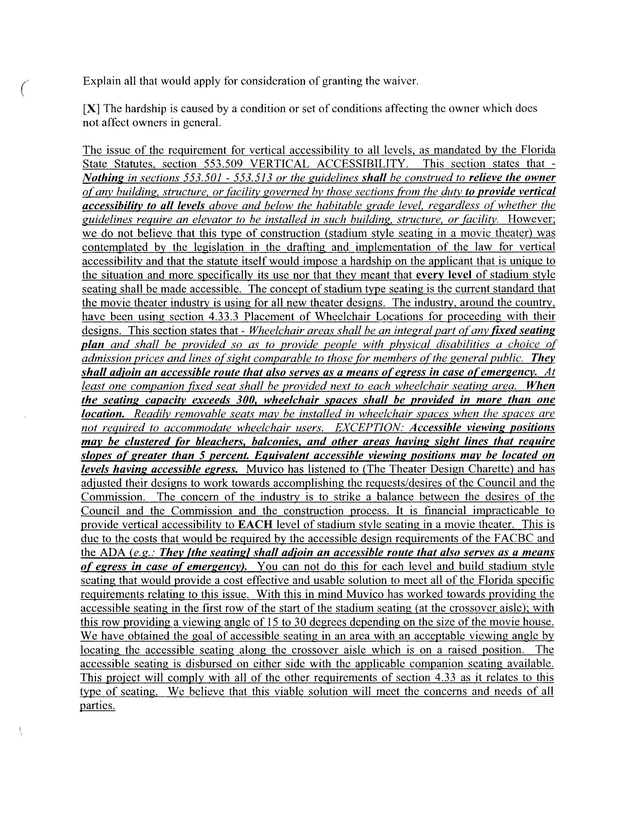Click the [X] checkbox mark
(91, 109)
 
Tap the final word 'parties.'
(98, 706)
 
